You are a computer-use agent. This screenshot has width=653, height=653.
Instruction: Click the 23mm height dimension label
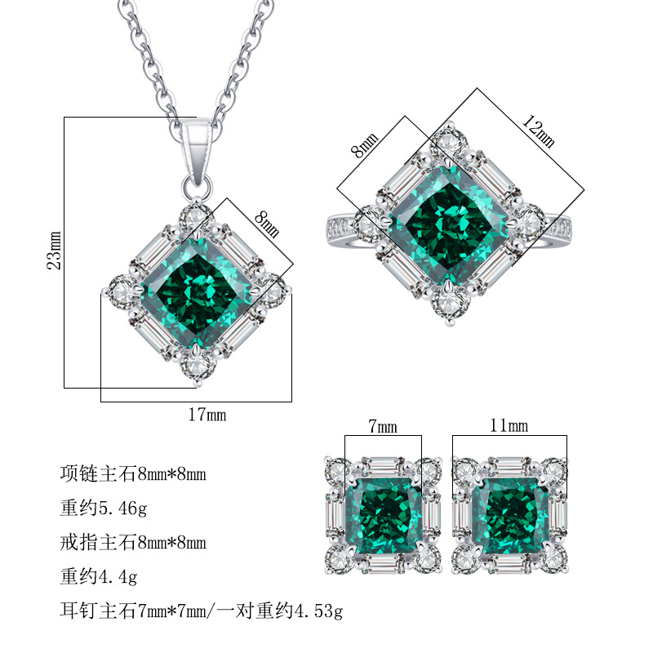tap(54, 251)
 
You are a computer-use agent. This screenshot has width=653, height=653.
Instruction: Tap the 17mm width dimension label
tap(207, 415)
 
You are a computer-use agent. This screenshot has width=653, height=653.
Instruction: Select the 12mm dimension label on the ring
tap(539, 131)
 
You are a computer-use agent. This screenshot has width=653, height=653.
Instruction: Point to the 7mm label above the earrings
tap(383, 426)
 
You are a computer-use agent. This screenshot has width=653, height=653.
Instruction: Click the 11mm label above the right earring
tap(509, 425)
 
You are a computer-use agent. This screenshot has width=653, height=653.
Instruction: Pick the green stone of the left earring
tap(383, 517)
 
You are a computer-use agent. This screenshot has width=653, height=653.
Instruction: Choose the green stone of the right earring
tap(511, 517)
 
